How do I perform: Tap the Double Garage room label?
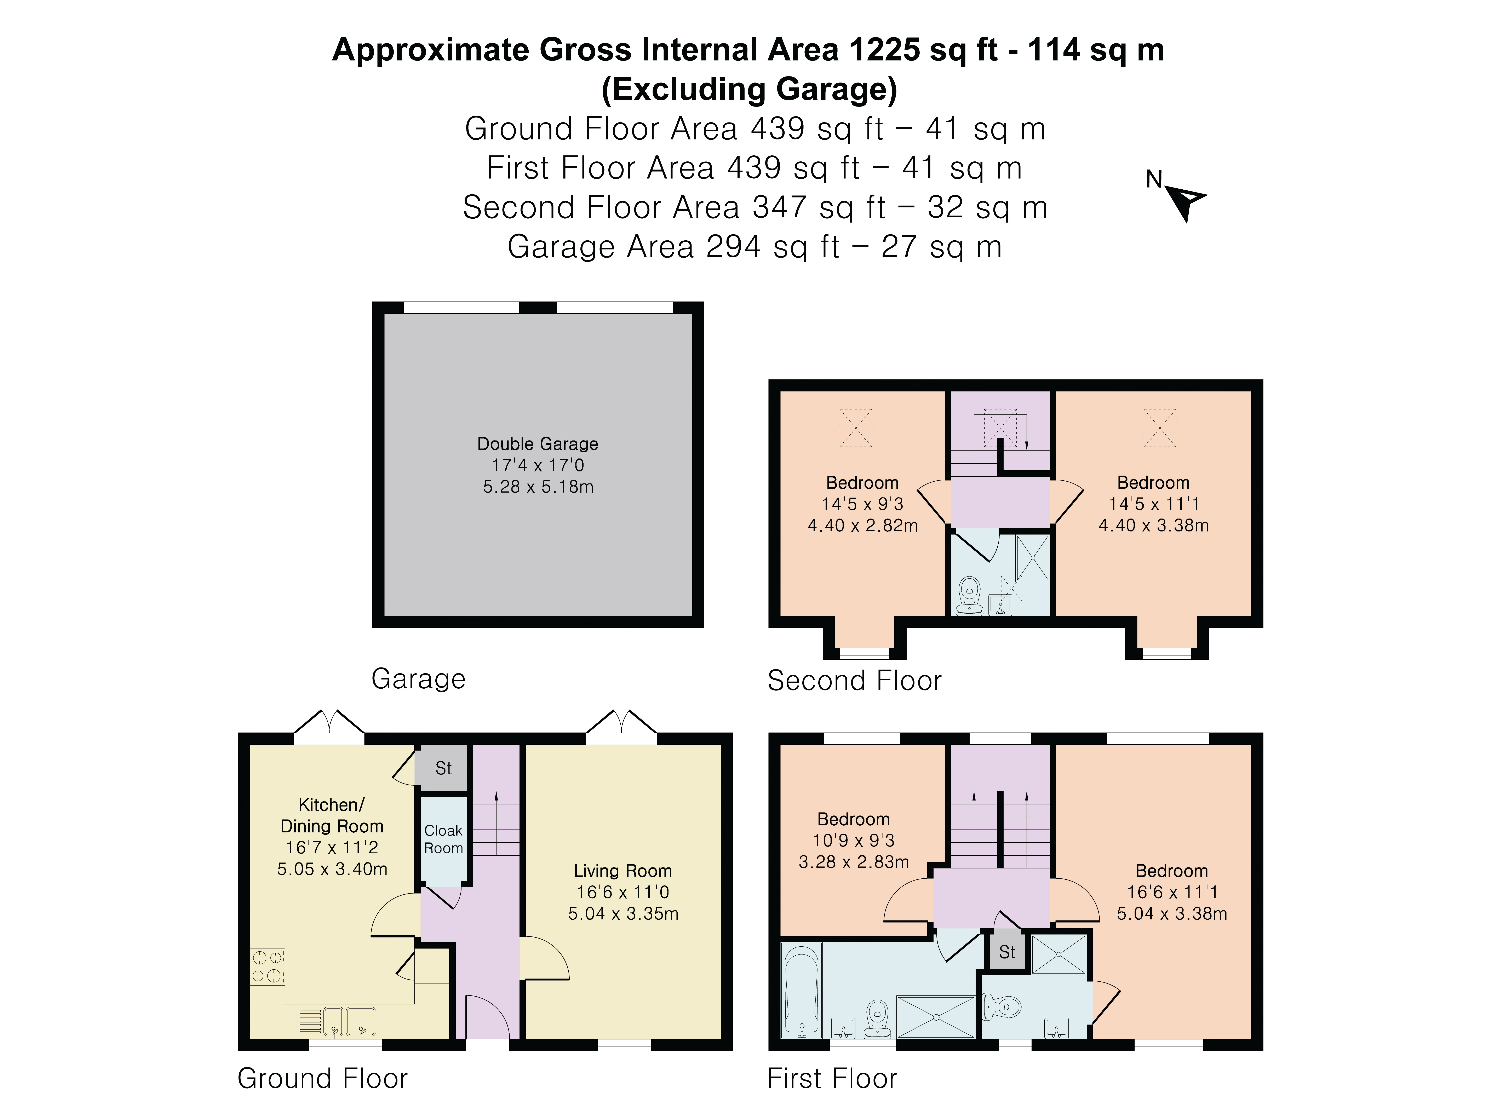coord(538,444)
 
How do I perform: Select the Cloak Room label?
coord(443,839)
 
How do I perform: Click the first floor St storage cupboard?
coord(1007,952)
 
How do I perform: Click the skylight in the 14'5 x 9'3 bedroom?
coord(855,428)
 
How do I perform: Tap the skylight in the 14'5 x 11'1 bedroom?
coord(1159,428)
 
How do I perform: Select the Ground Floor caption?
coord(322,1079)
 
